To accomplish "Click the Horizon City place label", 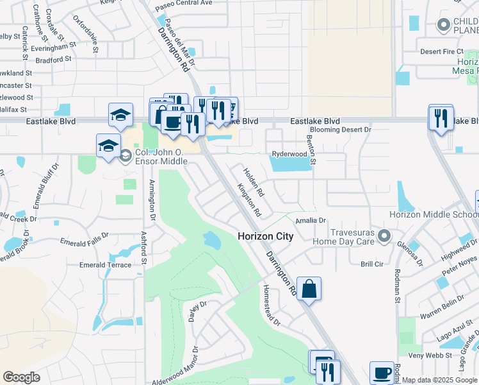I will tap(265, 236).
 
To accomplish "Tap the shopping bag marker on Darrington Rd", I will tap(309, 289).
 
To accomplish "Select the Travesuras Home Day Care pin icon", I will tap(384, 236).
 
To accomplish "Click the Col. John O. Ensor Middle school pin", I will tap(126, 155).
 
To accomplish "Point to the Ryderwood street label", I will tap(289, 154).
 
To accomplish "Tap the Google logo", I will tap(22, 377).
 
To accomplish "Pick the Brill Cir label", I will tap(371, 264).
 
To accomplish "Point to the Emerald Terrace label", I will tap(105, 264).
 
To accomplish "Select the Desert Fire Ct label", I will tap(441, 51).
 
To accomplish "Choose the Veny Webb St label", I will tap(426, 355).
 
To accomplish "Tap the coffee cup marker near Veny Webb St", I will tap(382, 373).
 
